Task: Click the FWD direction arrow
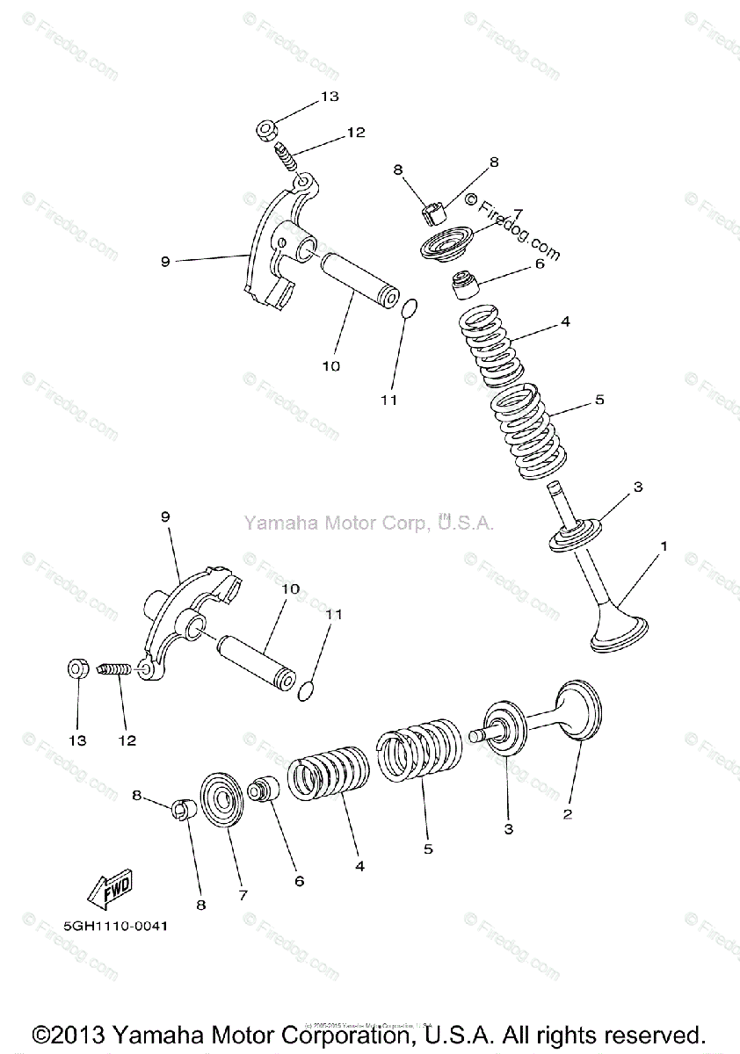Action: (110, 892)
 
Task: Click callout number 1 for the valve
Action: (664, 546)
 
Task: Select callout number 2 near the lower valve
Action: (568, 814)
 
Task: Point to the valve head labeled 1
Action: (620, 635)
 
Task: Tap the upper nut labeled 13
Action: (267, 132)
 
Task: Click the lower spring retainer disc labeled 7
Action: (220, 798)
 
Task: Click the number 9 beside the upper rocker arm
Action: (164, 261)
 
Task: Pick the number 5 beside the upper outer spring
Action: (599, 401)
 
